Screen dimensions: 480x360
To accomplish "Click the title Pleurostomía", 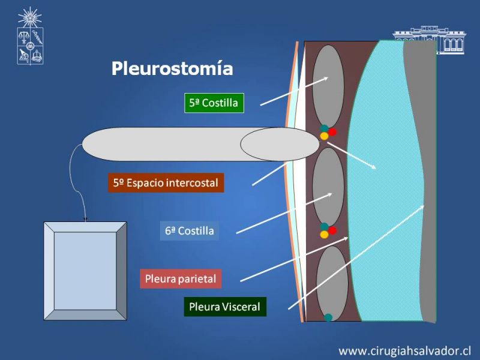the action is (x=172, y=68).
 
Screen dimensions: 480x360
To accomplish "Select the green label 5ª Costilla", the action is (x=214, y=103).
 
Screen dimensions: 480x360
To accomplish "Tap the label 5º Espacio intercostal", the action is (x=166, y=183).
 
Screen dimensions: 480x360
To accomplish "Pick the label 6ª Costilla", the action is (x=190, y=230).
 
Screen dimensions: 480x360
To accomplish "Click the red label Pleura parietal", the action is (x=181, y=278).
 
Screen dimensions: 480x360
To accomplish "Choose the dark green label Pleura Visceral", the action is (x=225, y=307).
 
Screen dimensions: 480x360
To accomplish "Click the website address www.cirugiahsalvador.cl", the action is (x=404, y=350).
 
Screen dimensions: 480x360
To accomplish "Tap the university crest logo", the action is (x=30, y=36).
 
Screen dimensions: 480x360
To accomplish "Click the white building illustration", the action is (x=430, y=40).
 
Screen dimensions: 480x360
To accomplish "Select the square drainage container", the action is (x=85, y=271).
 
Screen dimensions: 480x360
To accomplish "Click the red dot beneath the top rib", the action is (x=332, y=132).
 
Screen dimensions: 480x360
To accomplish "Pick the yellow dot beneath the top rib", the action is (x=324, y=136).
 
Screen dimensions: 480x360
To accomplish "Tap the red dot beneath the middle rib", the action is (x=332, y=230).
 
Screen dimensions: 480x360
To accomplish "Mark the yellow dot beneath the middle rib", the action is (x=324, y=235).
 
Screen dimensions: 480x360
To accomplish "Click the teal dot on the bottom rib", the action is (x=328, y=317).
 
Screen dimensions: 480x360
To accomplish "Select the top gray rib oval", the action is (x=328, y=86).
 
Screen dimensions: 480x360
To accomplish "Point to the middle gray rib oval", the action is (x=328, y=187).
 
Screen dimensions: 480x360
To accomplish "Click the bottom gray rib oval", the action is (x=332, y=283).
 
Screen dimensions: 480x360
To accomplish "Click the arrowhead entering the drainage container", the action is (x=85, y=219).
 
